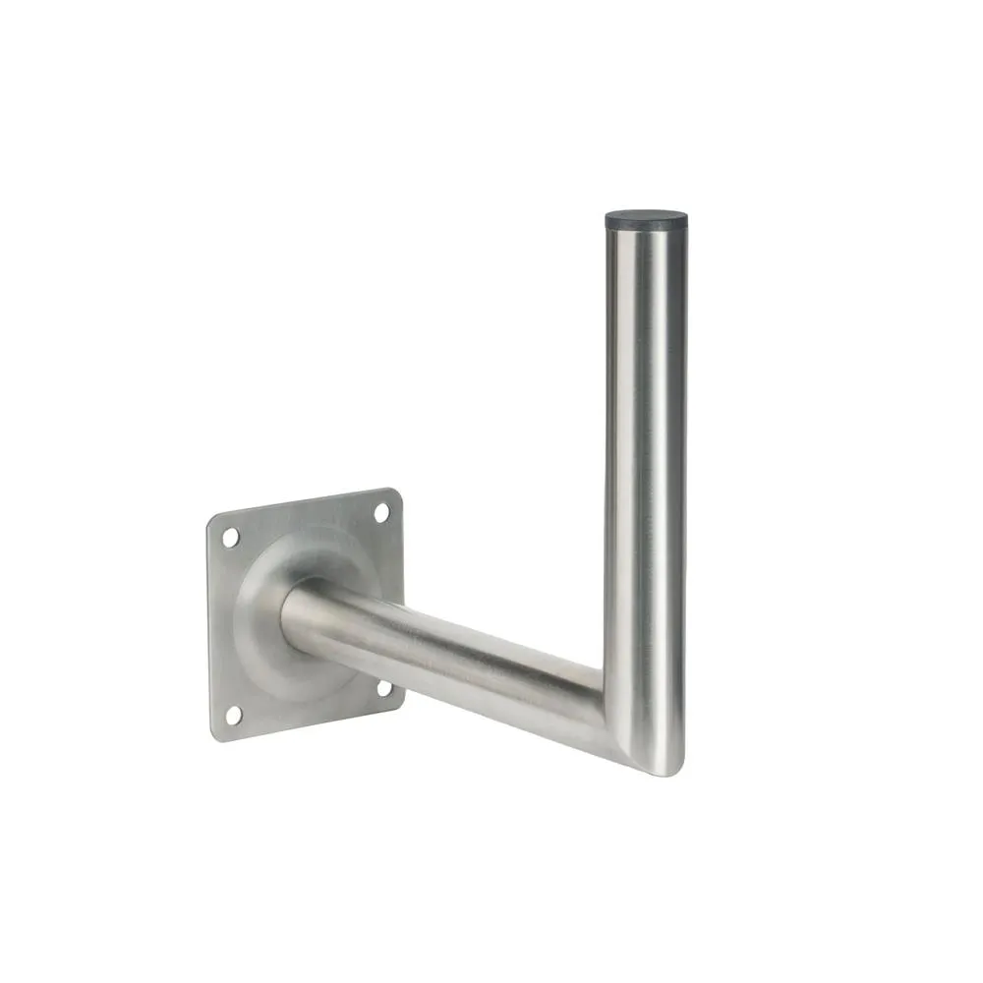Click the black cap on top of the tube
click(x=646, y=219)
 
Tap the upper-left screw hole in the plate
click(x=231, y=538)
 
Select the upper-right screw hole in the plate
click(x=381, y=512)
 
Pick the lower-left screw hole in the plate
click(x=233, y=714)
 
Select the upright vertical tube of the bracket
click(x=645, y=442)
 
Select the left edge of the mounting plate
click(x=209, y=629)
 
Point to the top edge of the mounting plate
click(x=305, y=501)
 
